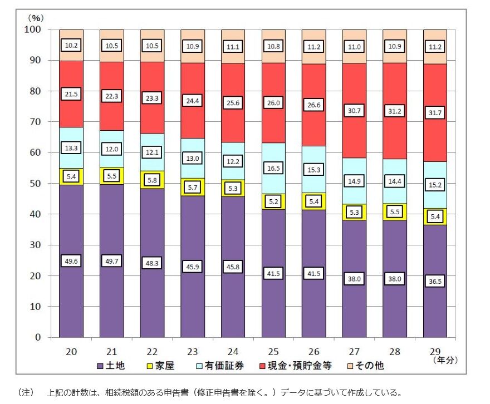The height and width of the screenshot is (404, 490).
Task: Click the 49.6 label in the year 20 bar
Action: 71,262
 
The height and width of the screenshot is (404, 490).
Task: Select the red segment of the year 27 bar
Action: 354,128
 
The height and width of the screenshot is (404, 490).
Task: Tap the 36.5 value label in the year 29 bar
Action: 435,282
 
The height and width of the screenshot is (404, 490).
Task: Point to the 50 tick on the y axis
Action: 37,184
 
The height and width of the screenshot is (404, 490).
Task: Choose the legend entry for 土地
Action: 112,366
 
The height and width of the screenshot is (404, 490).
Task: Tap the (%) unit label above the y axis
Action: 36,18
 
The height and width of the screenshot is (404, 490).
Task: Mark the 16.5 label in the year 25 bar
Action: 273,168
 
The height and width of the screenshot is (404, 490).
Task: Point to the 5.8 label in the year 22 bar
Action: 152,180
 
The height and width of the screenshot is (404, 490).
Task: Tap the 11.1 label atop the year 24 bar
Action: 233,47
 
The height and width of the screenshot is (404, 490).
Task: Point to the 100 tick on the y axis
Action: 34,29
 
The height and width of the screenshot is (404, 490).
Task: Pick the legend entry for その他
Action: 368,366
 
